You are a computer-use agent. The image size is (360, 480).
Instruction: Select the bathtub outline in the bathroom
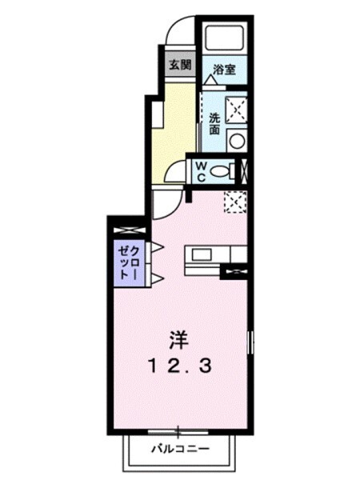(x=225, y=38)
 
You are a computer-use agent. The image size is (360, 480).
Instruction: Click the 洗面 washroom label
(x=214, y=122)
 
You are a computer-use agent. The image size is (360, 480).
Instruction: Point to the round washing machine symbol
(x=236, y=139)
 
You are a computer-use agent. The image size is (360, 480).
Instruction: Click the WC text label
(x=202, y=170)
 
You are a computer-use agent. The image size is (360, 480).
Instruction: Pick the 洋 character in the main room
(x=177, y=340)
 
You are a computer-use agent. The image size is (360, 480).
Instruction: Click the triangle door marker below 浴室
(x=210, y=80)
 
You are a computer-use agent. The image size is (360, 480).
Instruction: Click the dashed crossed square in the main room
(x=234, y=203)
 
